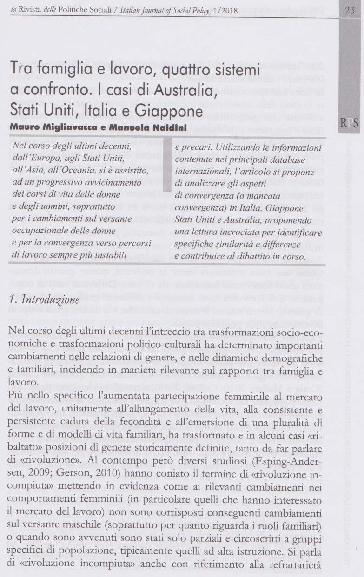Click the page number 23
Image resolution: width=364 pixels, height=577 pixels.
pyautogui.click(x=350, y=10)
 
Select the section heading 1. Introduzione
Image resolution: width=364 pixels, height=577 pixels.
pyautogui.click(x=45, y=300)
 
